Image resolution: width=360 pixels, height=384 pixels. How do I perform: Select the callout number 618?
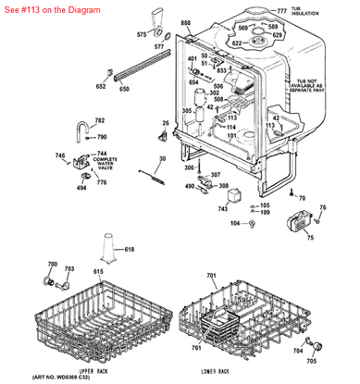click(x=129, y=250)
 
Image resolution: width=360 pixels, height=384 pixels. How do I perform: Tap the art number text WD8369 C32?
click(x=67, y=378)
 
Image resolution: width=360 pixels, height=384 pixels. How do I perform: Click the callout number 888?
click(x=185, y=21)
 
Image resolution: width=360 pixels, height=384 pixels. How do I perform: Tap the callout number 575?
click(x=142, y=34)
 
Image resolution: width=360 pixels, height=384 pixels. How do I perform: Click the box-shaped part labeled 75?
click(x=300, y=222)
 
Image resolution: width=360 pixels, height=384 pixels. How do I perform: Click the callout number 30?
click(x=161, y=159)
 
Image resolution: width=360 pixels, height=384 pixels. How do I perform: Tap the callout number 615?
click(x=70, y=271)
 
